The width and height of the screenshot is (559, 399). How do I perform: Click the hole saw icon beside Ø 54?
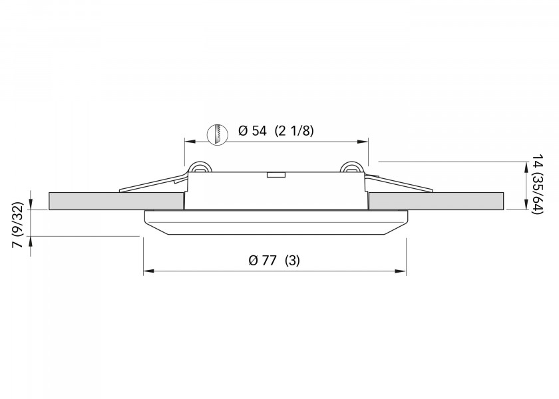[x=217, y=134]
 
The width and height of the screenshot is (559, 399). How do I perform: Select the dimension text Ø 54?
[x=252, y=131]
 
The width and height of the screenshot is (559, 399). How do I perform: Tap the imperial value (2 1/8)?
[x=293, y=131]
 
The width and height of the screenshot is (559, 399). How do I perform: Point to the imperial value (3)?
[x=292, y=261]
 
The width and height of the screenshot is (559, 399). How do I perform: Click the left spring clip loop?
[x=198, y=168]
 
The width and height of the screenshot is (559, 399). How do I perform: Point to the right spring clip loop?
[x=350, y=168]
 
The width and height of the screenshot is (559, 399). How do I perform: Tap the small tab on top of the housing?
[x=276, y=175]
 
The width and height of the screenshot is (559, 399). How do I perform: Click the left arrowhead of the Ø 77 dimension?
[x=148, y=271]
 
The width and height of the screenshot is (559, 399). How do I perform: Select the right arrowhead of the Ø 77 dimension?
[x=402, y=271]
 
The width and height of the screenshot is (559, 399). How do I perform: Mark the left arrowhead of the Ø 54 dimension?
[x=188, y=142]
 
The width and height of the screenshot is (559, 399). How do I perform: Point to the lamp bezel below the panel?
[x=275, y=222]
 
